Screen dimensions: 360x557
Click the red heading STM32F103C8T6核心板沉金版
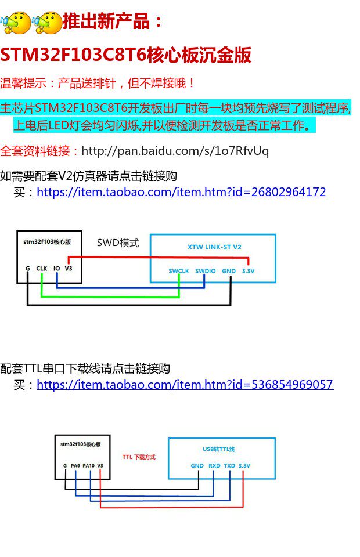tap(125, 55)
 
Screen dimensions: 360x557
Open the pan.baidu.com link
tap(175, 151)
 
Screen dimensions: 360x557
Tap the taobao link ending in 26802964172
tap(181, 191)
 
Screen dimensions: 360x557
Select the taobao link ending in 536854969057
tap(185, 384)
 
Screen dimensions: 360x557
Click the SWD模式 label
tap(118, 243)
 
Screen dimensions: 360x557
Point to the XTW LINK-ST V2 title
tap(214, 247)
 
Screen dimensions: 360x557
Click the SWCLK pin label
tap(179, 271)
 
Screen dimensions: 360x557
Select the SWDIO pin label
tap(205, 271)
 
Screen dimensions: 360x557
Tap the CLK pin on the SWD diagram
tap(42, 269)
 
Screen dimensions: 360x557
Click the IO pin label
tap(56, 269)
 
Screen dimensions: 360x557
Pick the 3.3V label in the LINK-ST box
tap(248, 271)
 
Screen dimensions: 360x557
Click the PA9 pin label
tap(75, 465)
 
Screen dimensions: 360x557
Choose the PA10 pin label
tap(88, 465)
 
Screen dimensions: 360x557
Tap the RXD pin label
tap(214, 465)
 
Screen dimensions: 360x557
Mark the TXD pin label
tap(229, 465)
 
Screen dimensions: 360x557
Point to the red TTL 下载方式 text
tap(139, 457)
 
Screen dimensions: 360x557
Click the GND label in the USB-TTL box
tap(197, 465)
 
